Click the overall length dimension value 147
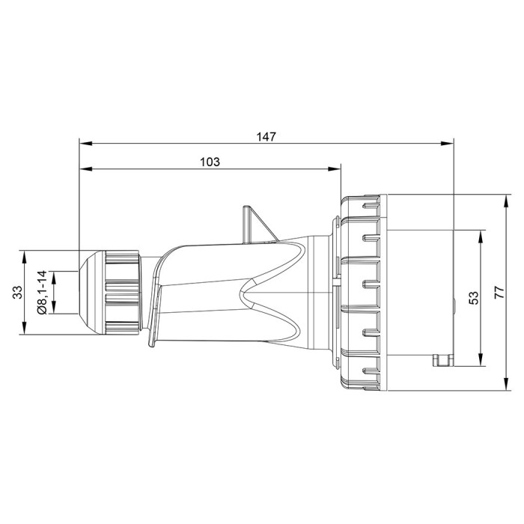(x=266, y=136)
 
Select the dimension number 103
(x=210, y=162)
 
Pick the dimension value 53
(x=473, y=298)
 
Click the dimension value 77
(x=499, y=292)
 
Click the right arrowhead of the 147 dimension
(x=449, y=142)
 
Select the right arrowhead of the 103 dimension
(x=336, y=168)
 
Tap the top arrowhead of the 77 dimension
(x=488, y=199)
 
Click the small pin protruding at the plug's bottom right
(x=443, y=362)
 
